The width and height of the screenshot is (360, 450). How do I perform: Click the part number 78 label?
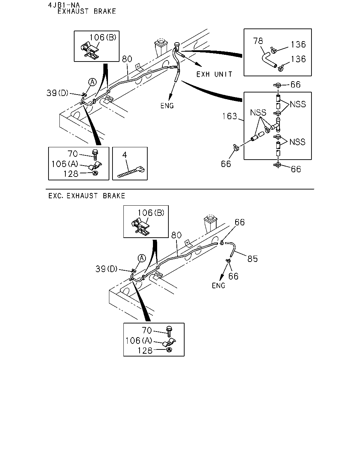click(258, 41)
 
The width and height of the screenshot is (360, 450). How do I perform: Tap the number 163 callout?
click(230, 116)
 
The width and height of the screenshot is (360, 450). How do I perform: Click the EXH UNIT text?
click(214, 74)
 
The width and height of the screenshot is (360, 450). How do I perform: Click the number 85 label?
click(252, 259)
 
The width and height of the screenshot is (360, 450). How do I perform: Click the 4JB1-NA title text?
click(64, 5)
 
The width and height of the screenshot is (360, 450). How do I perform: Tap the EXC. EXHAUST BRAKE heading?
click(86, 196)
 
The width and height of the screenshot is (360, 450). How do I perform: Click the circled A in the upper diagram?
click(92, 82)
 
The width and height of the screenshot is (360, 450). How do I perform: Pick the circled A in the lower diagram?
click(142, 258)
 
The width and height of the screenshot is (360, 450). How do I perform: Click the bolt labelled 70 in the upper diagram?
click(95, 155)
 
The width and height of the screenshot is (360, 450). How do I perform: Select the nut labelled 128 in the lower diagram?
click(169, 349)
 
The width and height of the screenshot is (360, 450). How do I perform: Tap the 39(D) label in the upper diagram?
click(57, 93)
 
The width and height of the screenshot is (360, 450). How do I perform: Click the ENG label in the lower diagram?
click(218, 285)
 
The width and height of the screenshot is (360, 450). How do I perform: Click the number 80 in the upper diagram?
click(127, 59)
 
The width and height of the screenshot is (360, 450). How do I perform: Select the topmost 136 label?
click(298, 45)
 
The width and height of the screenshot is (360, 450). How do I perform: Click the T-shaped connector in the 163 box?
click(276, 125)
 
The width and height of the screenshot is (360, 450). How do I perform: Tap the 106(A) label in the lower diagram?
click(139, 341)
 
